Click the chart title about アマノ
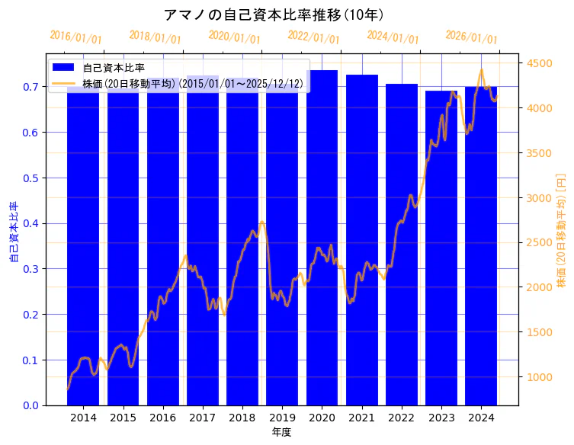click(x=274, y=14)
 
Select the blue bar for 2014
click(x=83, y=251)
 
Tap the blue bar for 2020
click(x=322, y=251)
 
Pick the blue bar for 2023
click(x=441, y=251)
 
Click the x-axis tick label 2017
click(x=202, y=418)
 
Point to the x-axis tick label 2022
click(x=401, y=418)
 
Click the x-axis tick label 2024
click(x=481, y=418)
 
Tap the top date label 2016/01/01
click(x=75, y=37)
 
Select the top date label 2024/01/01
click(x=393, y=37)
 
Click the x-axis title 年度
click(x=281, y=432)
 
